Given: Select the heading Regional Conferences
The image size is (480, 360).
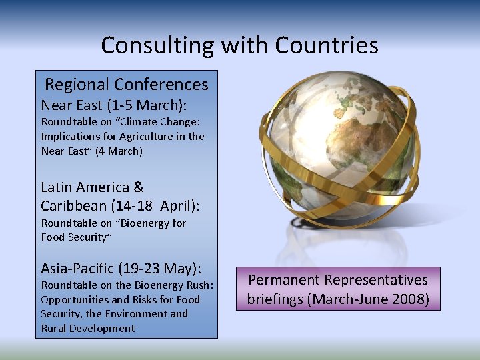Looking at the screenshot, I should [127, 85].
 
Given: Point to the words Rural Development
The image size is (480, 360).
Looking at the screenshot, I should [88, 328].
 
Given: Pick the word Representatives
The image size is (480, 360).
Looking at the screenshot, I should [381, 280].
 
